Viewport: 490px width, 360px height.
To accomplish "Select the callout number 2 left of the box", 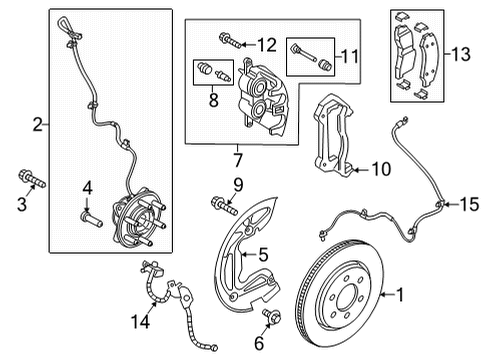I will (37, 126).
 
